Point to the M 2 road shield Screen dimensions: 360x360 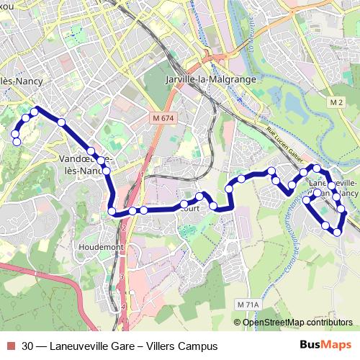(336, 103)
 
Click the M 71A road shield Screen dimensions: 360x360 (246, 305)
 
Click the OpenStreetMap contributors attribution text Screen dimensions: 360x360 (297, 323)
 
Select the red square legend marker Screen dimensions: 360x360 (9, 346)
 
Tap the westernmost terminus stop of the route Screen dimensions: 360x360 (17, 142)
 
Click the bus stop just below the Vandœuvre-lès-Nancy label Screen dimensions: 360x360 (107, 171)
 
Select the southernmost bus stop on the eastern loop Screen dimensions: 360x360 (336, 231)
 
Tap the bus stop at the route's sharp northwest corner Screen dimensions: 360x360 (34, 112)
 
